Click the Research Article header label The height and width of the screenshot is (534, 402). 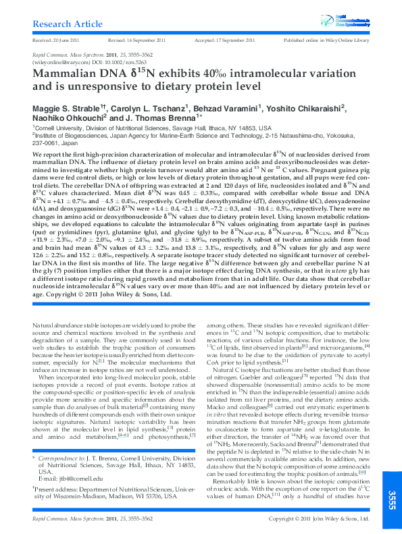point(66,24)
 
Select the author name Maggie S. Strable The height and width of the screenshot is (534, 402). point(64,107)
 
